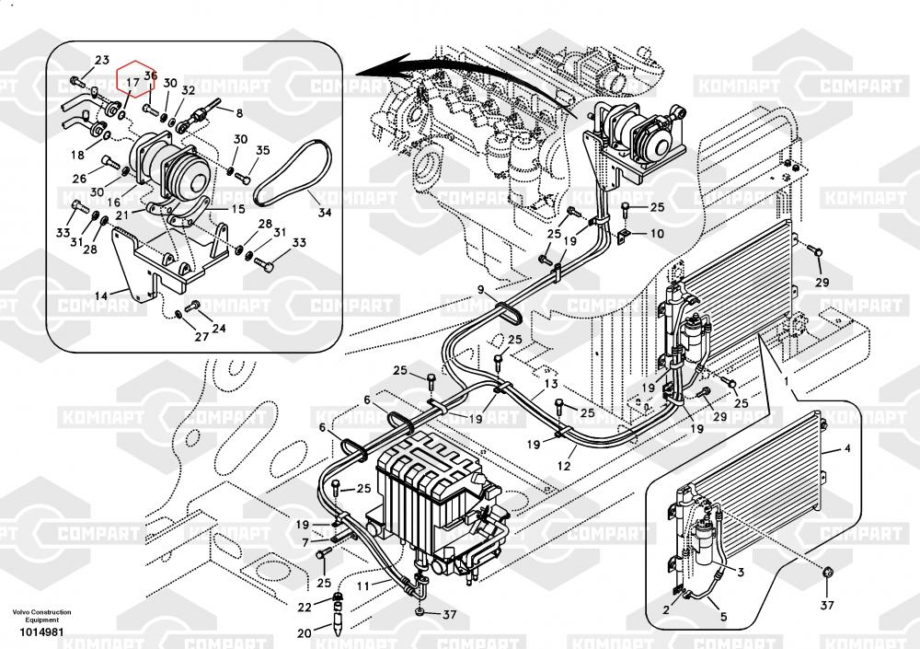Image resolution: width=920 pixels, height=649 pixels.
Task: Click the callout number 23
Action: tap(101, 61)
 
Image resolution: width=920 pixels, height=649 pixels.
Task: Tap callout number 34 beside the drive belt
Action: tap(324, 214)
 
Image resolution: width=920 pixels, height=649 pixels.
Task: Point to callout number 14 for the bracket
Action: tap(100, 296)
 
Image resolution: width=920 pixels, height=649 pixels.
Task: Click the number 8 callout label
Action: tap(239, 114)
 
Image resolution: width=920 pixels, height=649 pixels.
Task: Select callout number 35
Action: tap(262, 151)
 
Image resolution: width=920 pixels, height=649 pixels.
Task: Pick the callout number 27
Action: tap(200, 337)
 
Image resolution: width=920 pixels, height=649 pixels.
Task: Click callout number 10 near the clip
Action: tap(656, 235)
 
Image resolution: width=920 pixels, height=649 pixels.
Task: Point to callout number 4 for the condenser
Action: tap(846, 449)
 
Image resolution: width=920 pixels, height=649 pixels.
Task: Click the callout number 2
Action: tap(666, 609)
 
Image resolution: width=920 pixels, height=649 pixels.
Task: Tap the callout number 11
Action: tap(362, 585)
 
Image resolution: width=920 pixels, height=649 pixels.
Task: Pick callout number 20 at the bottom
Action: tap(304, 633)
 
